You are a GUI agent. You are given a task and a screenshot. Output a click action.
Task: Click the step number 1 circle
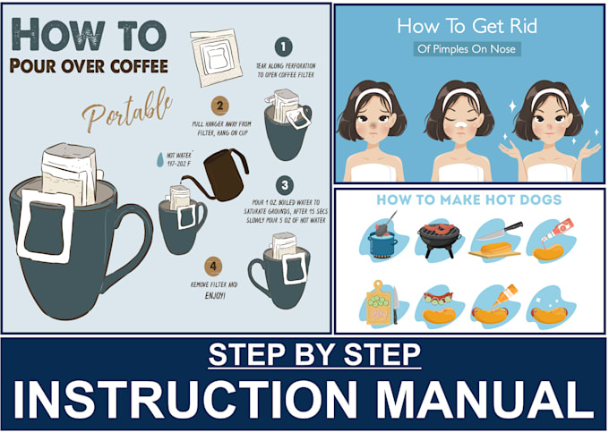pos(283,47)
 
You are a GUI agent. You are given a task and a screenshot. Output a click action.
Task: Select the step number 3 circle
pos(283,186)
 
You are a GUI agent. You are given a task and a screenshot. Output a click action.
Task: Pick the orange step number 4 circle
pos(212,264)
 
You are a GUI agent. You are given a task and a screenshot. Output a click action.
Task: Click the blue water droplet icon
pos(160,158)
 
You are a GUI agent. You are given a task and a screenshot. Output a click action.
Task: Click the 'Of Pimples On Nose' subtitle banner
pos(467,49)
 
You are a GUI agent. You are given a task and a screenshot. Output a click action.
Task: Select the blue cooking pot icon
pos(385,234)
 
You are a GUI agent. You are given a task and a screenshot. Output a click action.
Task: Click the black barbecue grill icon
pos(438,239)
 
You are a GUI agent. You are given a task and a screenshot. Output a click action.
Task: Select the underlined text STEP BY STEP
pos(313,355)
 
